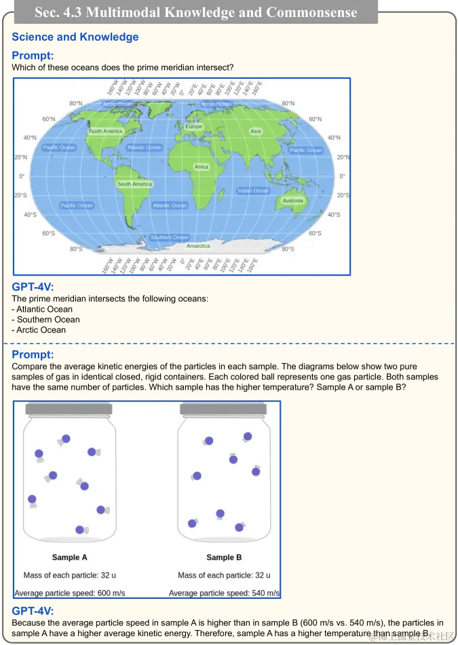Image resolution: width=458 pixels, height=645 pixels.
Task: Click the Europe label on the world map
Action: (x=194, y=126)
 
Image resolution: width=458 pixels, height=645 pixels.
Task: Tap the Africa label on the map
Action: (x=202, y=166)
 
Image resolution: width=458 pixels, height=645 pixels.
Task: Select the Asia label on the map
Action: (x=256, y=131)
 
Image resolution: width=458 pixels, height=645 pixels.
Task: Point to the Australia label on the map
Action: (x=293, y=200)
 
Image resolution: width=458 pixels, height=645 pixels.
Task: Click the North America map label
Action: (x=106, y=131)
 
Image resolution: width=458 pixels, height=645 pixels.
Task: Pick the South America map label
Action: (x=134, y=184)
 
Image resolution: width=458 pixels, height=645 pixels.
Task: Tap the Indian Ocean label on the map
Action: (x=253, y=191)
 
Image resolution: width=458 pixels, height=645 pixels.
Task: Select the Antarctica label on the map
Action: (x=198, y=246)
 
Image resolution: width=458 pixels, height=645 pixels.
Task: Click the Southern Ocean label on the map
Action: (x=170, y=238)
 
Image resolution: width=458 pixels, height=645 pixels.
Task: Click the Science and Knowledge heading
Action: (x=75, y=37)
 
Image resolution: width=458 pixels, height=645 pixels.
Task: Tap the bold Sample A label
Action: (x=70, y=557)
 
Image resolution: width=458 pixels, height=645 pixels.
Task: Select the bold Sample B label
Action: (x=224, y=557)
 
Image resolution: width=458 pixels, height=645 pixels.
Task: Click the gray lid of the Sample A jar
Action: (x=69, y=409)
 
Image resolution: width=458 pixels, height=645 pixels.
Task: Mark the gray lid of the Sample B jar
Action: (x=223, y=409)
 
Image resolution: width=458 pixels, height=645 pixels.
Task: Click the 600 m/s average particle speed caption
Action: (x=69, y=593)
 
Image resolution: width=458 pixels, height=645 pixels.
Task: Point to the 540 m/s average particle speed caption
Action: (x=224, y=593)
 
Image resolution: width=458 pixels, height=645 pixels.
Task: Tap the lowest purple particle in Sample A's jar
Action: (x=79, y=530)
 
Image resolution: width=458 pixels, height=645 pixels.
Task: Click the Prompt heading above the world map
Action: (x=33, y=56)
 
